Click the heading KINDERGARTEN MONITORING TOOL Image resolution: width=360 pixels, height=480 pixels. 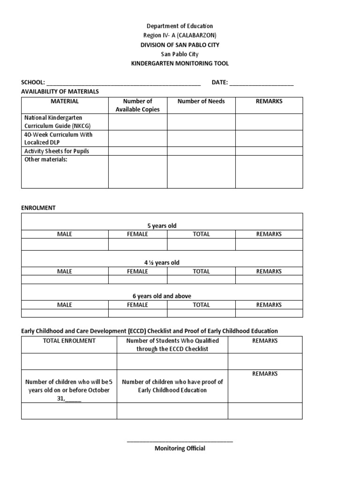(180, 63)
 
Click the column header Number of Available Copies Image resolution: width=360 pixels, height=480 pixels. (137, 105)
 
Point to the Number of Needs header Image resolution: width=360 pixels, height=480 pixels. (201, 101)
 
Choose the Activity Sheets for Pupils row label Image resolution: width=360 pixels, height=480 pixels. (56, 151)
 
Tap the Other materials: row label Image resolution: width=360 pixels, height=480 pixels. (46, 159)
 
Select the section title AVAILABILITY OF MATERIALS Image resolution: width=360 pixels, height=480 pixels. (60, 91)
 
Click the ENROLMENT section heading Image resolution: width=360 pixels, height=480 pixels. (38, 208)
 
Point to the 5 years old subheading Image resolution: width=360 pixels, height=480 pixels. (162, 225)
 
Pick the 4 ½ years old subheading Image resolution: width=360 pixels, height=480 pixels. (162, 262)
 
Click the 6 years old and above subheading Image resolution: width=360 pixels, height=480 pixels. (162, 296)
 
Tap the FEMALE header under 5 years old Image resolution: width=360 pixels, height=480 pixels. (137, 234)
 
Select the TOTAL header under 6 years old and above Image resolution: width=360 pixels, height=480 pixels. (201, 305)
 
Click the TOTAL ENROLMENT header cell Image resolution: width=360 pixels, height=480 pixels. (69, 341)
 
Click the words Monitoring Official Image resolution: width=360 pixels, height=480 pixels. (180, 449)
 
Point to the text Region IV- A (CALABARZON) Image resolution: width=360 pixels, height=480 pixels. (180, 36)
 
